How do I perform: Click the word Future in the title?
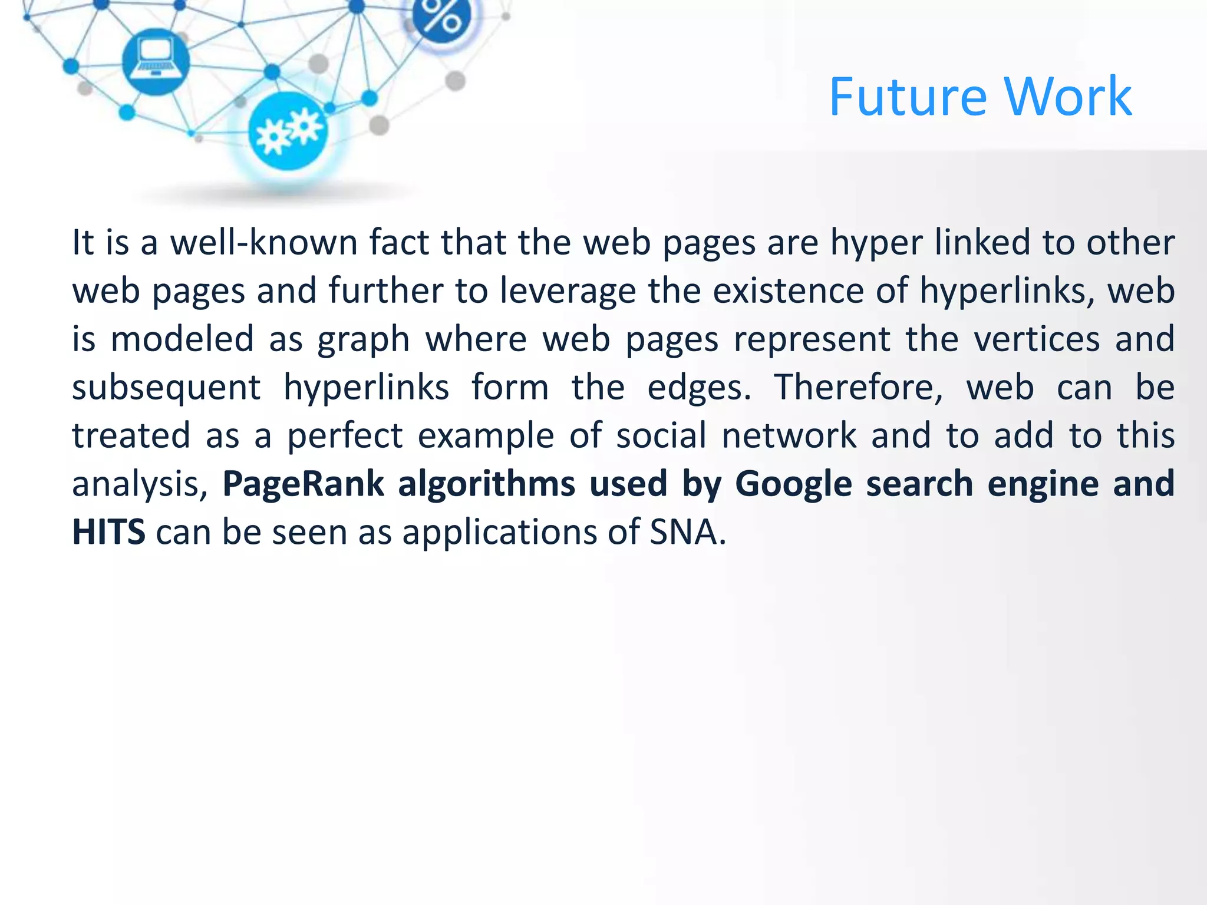pyautogui.click(x=908, y=97)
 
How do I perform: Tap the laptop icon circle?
pyautogui.click(x=156, y=61)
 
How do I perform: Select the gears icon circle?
pyautogui.click(x=288, y=131)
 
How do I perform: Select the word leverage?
pyautogui.click(x=568, y=290)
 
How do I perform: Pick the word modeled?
pyautogui.click(x=182, y=339)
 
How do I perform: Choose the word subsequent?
pyautogui.click(x=166, y=388)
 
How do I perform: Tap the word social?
pyautogui.click(x=661, y=436)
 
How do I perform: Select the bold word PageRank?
pyautogui.click(x=303, y=484)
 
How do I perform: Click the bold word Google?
pyautogui.click(x=793, y=484)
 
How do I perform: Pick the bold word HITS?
pyautogui.click(x=108, y=532)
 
